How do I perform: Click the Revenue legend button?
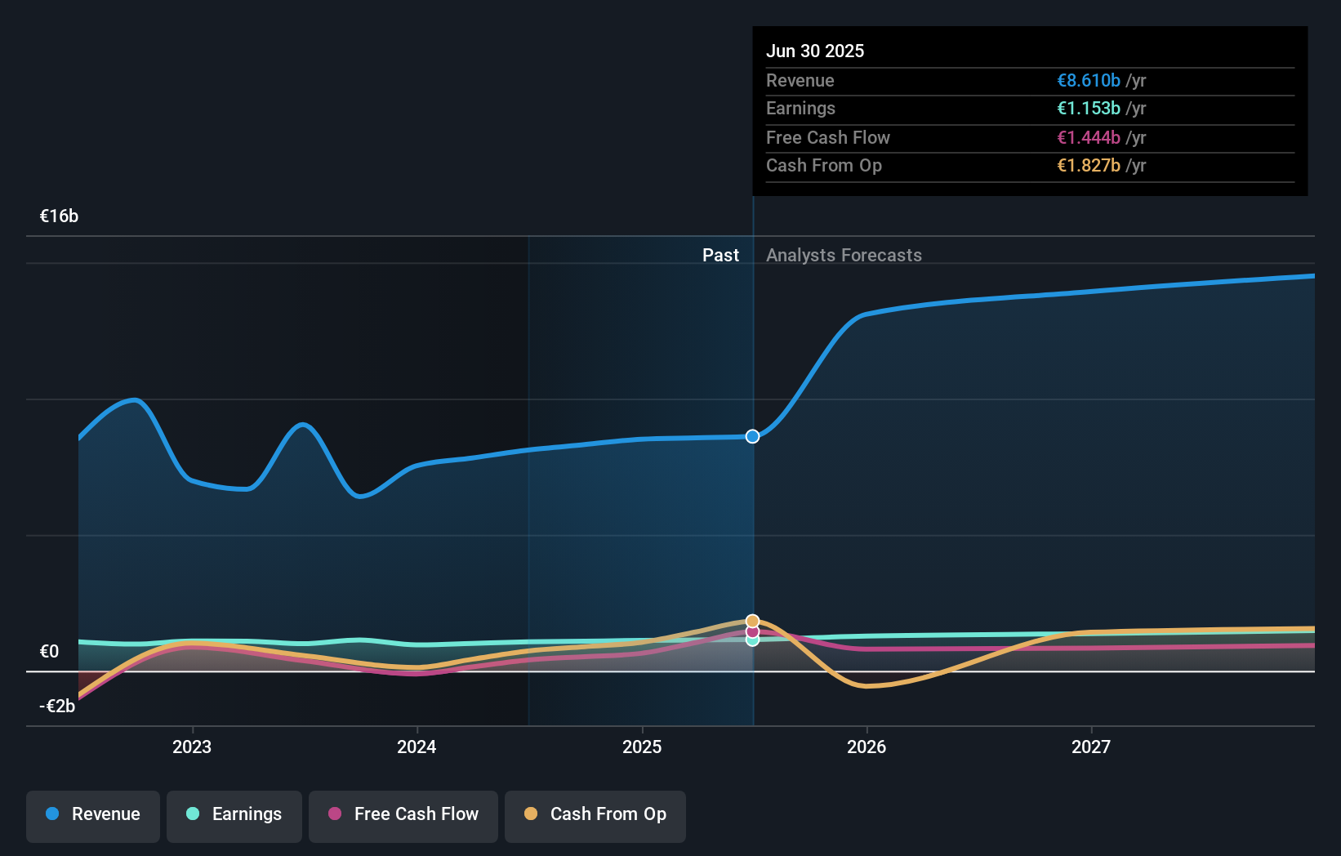pos(93,815)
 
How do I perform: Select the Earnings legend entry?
pos(234,815)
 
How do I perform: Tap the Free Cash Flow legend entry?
pos(403,815)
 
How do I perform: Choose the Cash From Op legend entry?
pos(595,815)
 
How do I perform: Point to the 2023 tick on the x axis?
pos(192,747)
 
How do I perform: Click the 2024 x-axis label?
pos(417,747)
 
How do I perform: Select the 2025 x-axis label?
pos(642,747)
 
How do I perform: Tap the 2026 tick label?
pos(867,747)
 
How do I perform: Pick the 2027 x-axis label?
pos(1091,747)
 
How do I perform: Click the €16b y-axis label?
pos(59,216)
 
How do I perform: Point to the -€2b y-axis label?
pos(57,706)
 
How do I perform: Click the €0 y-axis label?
pos(49,651)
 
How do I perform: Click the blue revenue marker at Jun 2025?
pos(752,436)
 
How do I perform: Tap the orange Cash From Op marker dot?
pos(752,622)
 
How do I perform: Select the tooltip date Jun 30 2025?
pos(814,51)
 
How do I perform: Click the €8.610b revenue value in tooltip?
pos(1088,80)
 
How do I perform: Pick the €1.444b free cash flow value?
pos(1088,137)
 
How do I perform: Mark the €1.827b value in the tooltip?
pos(1088,165)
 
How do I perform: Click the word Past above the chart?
pos(720,255)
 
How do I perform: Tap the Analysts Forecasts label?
pos(844,255)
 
